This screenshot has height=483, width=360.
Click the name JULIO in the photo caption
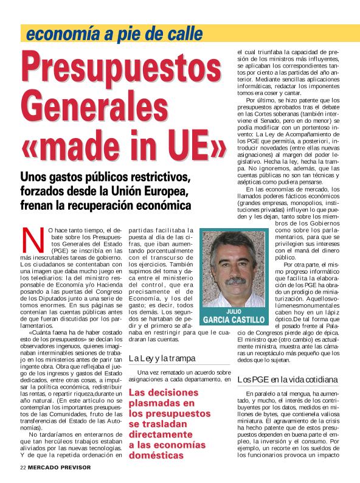click(x=234, y=310)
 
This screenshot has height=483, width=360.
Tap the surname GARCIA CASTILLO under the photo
click(x=234, y=319)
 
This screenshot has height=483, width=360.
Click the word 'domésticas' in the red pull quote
click(x=157, y=454)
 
